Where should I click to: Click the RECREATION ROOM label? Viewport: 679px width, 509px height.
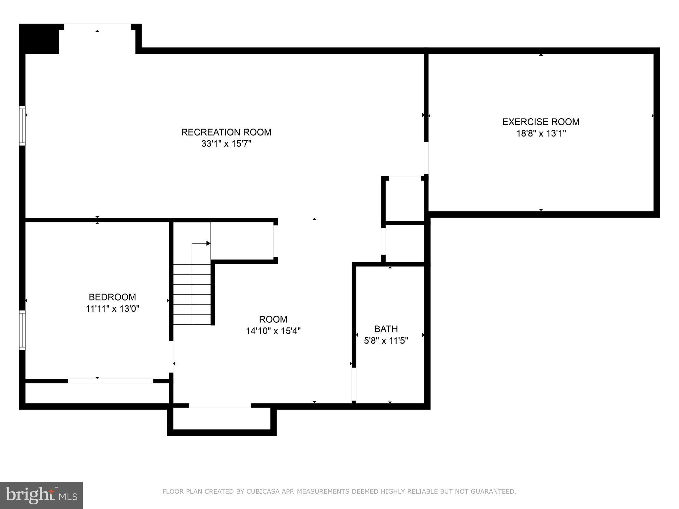click(226, 132)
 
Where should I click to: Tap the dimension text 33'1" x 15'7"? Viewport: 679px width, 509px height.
click(226, 144)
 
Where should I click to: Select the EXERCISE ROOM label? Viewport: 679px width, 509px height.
click(541, 122)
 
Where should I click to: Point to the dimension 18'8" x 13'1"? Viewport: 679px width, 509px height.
click(541, 134)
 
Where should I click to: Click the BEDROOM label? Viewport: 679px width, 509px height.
click(112, 297)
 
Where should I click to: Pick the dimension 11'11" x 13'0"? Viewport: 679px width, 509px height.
click(112, 309)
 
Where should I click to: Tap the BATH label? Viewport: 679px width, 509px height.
click(386, 329)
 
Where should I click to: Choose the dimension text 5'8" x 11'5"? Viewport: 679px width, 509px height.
click(386, 341)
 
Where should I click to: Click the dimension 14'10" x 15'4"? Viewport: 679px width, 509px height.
click(273, 331)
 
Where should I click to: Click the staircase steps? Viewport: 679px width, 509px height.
click(192, 294)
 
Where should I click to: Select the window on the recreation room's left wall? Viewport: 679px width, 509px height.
click(22, 126)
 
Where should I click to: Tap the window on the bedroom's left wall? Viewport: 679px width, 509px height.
click(22, 330)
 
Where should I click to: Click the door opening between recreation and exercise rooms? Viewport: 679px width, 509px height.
click(426, 158)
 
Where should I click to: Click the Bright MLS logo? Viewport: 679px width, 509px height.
click(41, 495)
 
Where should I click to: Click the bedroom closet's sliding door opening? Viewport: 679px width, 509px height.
click(110, 381)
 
